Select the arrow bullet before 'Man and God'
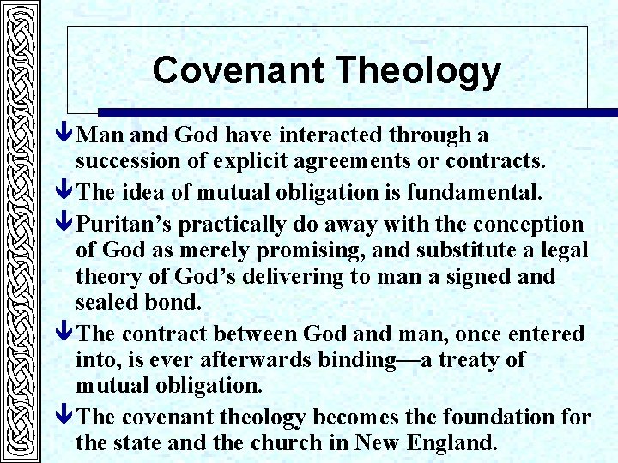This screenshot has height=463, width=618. (x=66, y=135)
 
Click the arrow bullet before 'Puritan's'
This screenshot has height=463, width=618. (x=66, y=225)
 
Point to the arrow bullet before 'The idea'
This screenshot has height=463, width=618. (x=66, y=193)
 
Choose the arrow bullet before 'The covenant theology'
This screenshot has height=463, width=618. (x=66, y=418)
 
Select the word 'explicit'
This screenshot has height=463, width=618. (x=242, y=161)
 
